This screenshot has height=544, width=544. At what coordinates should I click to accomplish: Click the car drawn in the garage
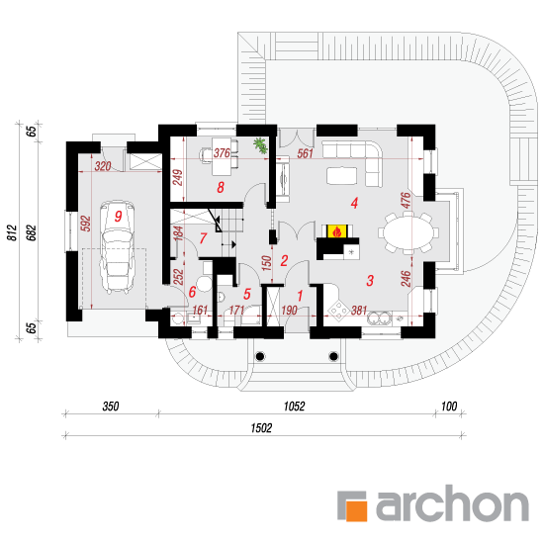pyautogui.click(x=117, y=246)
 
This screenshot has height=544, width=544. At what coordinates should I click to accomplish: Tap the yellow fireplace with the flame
pyautogui.click(x=336, y=231)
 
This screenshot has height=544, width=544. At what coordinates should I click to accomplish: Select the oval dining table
pyautogui.click(x=408, y=233)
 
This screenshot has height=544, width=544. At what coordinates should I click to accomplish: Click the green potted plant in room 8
pyautogui.click(x=260, y=144)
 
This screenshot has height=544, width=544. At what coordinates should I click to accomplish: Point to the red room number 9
pyautogui.click(x=119, y=217)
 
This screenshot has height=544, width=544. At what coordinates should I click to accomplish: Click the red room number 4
pyautogui.click(x=354, y=203)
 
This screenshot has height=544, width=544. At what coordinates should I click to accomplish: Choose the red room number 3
pyautogui.click(x=370, y=280)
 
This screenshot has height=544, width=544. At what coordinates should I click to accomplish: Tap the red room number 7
pyautogui.click(x=204, y=238)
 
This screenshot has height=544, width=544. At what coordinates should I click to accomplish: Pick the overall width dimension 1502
pyautogui.click(x=261, y=428)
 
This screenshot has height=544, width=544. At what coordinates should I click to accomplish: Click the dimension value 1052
pyautogui.click(x=294, y=407)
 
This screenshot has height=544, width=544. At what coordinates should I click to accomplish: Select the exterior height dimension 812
pyautogui.click(x=12, y=232)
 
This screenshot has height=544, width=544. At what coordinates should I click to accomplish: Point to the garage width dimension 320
pyautogui.click(x=103, y=166)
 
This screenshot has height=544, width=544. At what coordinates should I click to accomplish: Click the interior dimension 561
pyautogui.click(x=305, y=153)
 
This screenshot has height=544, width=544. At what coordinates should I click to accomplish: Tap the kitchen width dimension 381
pyautogui.click(x=359, y=311)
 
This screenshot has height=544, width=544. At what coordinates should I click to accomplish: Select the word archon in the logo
pyautogui.click(x=452, y=503)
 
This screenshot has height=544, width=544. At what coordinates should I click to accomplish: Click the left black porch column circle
pyautogui.click(x=260, y=356)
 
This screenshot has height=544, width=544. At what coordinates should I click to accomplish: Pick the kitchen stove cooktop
pyautogui.click(x=338, y=309)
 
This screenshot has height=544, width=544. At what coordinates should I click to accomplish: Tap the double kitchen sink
pyautogui.click(x=379, y=317)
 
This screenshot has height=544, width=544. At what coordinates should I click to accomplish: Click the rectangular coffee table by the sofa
pyautogui.click(x=342, y=175)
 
